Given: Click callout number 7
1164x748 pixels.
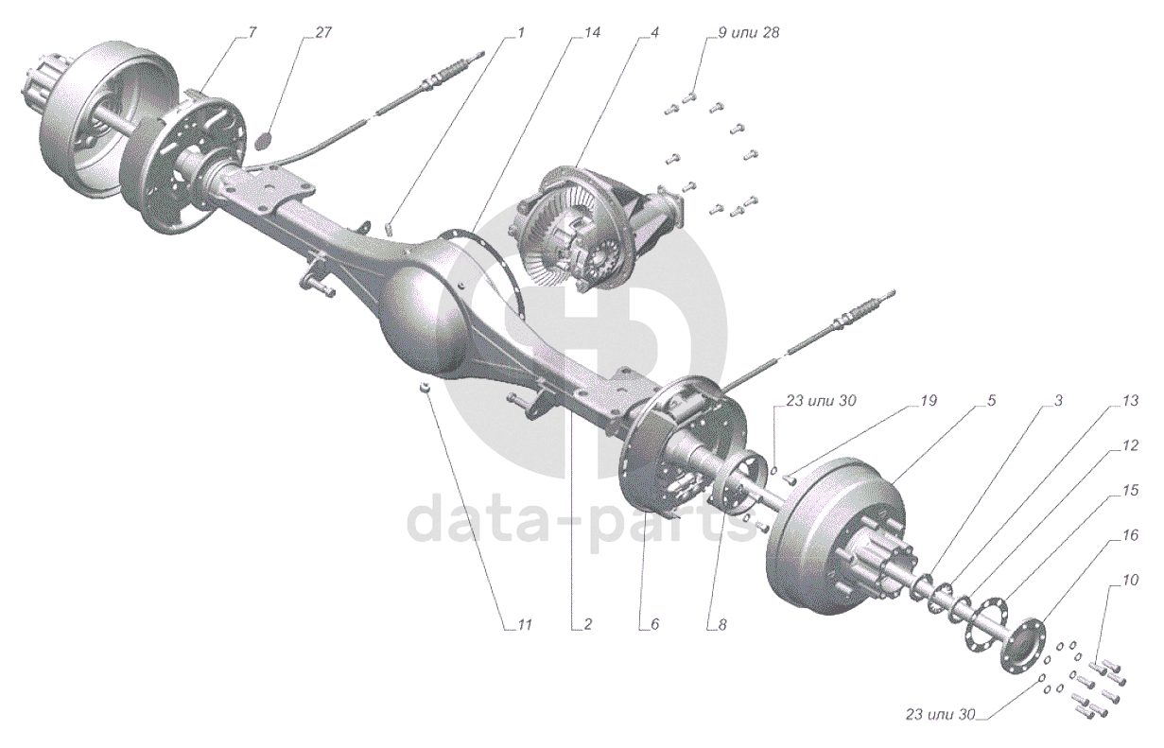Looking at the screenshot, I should coord(252,32).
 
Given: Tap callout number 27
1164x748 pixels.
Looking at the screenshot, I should coord(323,32).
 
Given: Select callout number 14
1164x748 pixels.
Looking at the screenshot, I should coord(592,32).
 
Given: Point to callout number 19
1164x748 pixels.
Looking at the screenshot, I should coord(928,401).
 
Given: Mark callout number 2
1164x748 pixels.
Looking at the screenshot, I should coord(587,625).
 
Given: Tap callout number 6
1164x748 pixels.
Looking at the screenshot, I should coord(651,625).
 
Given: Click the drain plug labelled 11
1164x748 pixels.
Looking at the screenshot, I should coord(426,390).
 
